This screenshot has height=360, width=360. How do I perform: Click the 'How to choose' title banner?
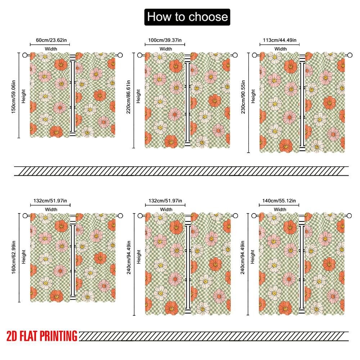(x=187, y=17)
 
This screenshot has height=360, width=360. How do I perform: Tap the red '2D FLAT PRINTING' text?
(x=42, y=336)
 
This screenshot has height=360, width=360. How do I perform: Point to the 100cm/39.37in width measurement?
(x=165, y=40)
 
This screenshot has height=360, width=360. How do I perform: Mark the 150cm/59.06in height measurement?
(x=13, y=95)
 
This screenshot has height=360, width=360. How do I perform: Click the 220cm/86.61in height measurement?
(x=129, y=97)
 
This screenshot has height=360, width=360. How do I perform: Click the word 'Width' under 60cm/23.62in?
(x=50, y=49)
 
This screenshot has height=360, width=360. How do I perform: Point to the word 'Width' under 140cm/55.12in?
(x=280, y=210)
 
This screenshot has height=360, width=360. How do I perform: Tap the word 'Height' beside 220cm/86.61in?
(x=139, y=96)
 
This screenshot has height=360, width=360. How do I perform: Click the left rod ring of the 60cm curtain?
(x=24, y=55)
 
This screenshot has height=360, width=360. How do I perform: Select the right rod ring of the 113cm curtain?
(x=349, y=55)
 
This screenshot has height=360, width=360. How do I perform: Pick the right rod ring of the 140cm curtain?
(x=349, y=215)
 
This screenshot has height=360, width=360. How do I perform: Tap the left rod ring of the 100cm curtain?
(x=140, y=55)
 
